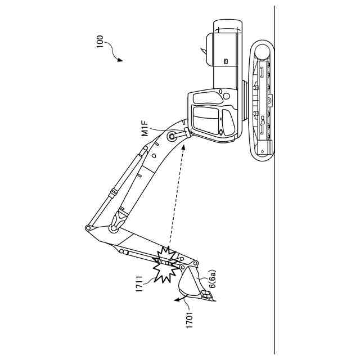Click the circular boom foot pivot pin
coord(171,136)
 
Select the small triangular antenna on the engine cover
coord(201,51)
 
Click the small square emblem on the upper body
coord(225,61)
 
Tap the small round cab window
coord(220,133)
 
